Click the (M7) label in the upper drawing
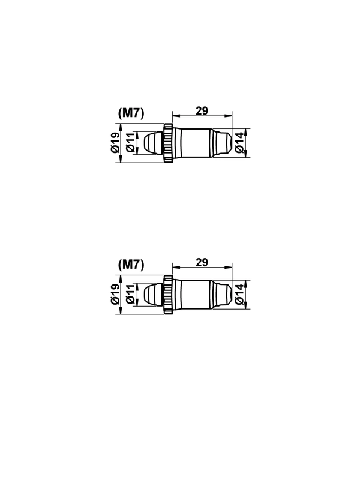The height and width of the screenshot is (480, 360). click(131, 112)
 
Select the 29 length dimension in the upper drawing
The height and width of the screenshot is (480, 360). click(202, 110)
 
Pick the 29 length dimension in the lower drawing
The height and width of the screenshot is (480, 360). click(202, 262)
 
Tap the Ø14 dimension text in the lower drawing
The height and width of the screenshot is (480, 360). click(239, 295)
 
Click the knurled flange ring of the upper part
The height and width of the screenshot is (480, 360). click(169, 143)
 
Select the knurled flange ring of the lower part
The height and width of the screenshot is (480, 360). click(169, 295)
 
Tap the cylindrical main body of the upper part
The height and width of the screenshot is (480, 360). click(193, 143)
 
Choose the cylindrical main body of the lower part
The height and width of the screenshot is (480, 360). click(193, 295)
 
